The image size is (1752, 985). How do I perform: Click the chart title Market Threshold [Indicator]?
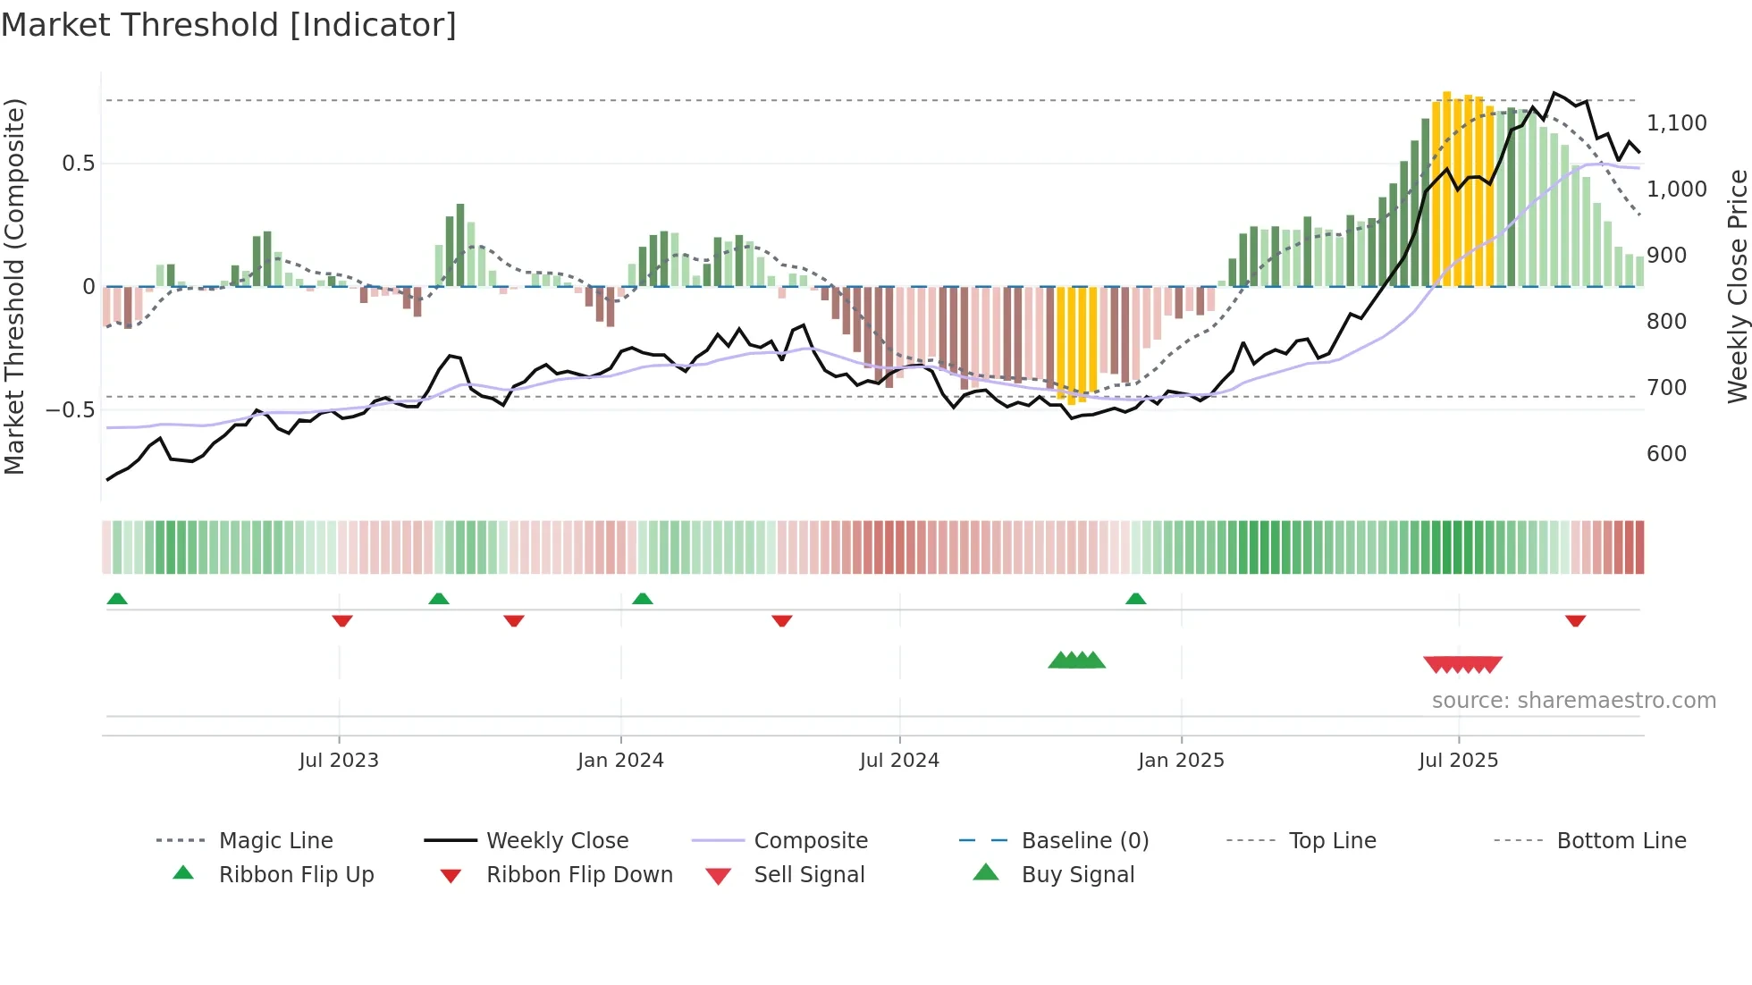point(229,25)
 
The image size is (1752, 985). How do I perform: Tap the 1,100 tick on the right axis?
point(1676,123)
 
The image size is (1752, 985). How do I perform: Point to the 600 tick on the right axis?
point(1666,454)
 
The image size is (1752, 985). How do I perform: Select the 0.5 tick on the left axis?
point(78,164)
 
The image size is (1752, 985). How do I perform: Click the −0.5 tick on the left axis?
point(70,410)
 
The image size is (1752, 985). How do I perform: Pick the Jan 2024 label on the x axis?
point(620,761)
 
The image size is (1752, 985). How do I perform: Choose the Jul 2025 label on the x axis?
point(1458,761)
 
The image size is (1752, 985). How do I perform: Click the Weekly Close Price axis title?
point(1737,286)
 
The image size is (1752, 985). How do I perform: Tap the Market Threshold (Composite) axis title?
point(14,286)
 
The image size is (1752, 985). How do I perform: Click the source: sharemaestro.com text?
point(1573,701)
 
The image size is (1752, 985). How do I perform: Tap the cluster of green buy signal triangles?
point(1076,661)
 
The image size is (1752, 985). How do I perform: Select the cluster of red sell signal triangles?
point(1462,664)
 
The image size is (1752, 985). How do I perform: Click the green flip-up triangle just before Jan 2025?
point(1135,599)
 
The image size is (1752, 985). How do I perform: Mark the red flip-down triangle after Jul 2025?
point(1575,620)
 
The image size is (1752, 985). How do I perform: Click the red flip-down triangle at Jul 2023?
point(341,620)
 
